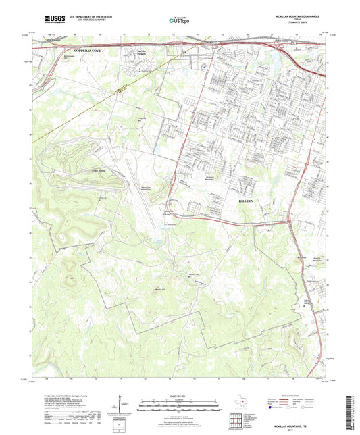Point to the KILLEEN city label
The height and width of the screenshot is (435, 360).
click(x=248, y=201)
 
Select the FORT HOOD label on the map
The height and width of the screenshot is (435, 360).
click(x=100, y=172)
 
